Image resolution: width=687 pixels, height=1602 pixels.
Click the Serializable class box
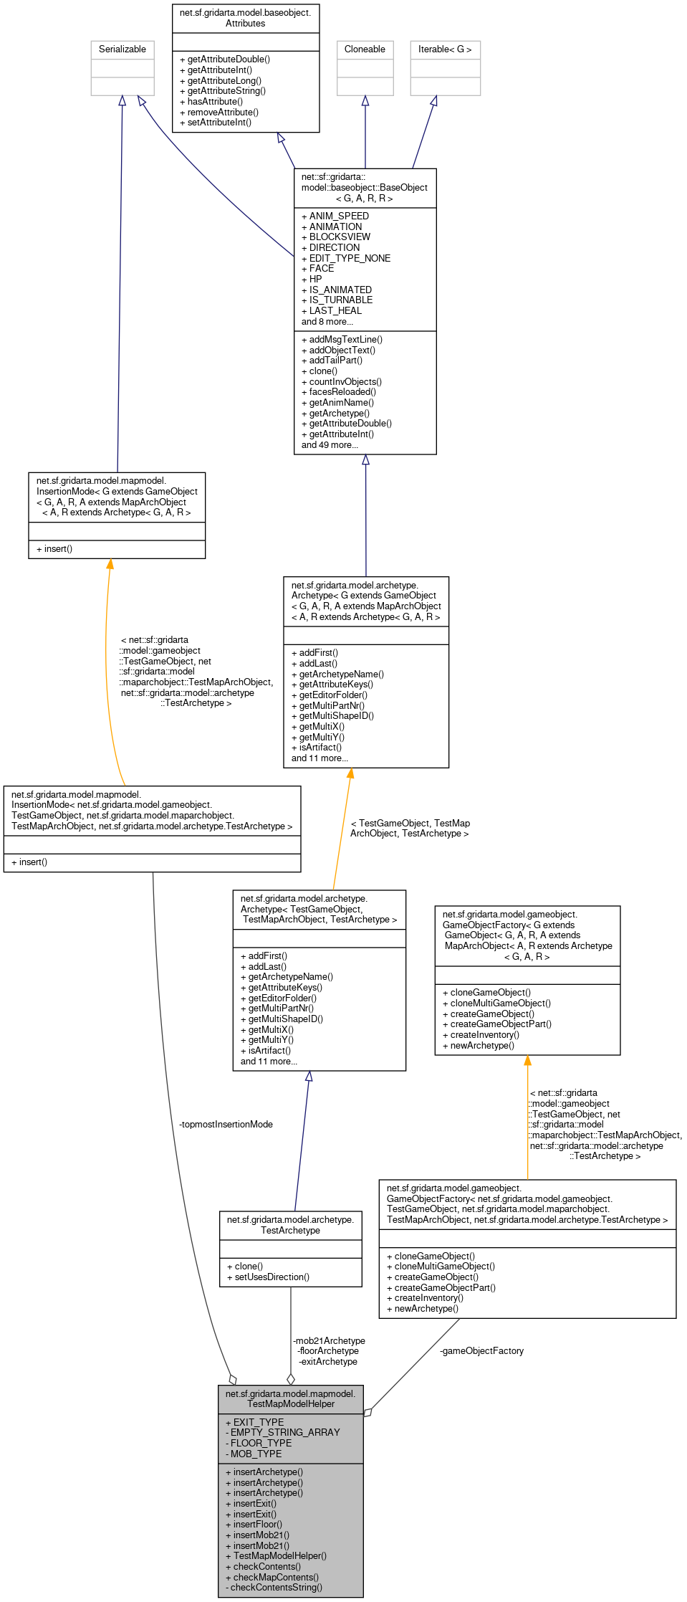tap(122, 67)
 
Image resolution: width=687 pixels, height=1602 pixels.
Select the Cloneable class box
tap(365, 67)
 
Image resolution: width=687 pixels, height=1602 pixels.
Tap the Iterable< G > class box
tap(445, 67)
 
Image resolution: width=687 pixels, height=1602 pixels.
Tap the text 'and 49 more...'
tap(330, 445)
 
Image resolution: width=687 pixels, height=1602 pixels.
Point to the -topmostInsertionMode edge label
tap(226, 1125)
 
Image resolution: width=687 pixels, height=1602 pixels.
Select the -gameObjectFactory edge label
tap(481, 1351)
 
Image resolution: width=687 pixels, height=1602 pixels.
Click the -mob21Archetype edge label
tap(329, 1341)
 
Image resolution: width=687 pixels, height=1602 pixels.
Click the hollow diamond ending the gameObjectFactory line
tap(368, 1412)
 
